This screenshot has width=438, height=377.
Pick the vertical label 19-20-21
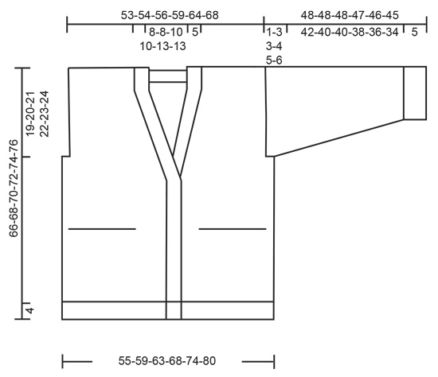29,115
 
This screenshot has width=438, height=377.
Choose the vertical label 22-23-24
45,115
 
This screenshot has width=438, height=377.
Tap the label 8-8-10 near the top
165,33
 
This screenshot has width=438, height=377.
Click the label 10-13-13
163,46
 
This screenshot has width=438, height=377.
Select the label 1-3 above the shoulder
275,33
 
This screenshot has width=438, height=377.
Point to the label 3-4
275,46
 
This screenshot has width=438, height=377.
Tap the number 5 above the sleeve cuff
415,33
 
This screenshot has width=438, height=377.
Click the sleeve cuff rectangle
415,94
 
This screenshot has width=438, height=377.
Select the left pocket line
102,229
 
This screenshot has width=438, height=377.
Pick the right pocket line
232,229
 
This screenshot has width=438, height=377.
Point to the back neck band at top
166,76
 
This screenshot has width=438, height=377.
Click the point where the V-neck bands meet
174,177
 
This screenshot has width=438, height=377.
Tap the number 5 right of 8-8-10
195,33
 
